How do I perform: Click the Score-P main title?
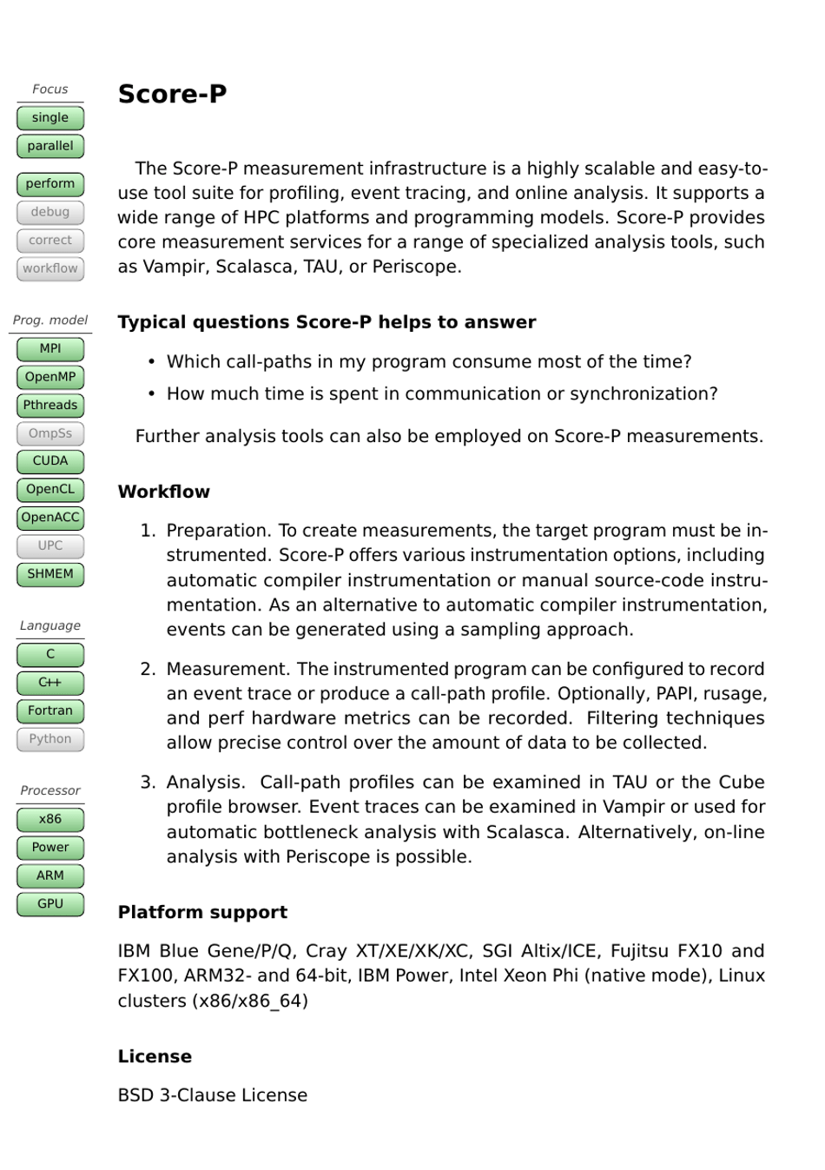point(172,94)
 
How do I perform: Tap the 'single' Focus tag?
point(50,118)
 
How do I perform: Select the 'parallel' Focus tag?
point(50,146)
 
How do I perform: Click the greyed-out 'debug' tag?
point(50,212)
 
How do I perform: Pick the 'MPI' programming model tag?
point(50,349)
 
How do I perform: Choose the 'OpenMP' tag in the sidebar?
point(50,377)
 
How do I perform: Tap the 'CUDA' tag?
point(50,461)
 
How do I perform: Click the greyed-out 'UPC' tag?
point(50,545)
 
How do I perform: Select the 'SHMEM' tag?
point(50,574)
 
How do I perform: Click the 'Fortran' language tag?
point(50,711)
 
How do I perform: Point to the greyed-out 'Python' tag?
point(50,739)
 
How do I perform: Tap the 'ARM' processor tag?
point(50,876)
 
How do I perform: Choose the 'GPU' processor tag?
point(50,904)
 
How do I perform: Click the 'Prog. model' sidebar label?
point(50,321)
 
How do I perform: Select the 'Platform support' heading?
point(202,912)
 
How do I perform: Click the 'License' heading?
point(155,1056)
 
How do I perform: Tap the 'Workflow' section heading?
point(163,492)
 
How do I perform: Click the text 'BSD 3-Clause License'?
point(212,1095)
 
